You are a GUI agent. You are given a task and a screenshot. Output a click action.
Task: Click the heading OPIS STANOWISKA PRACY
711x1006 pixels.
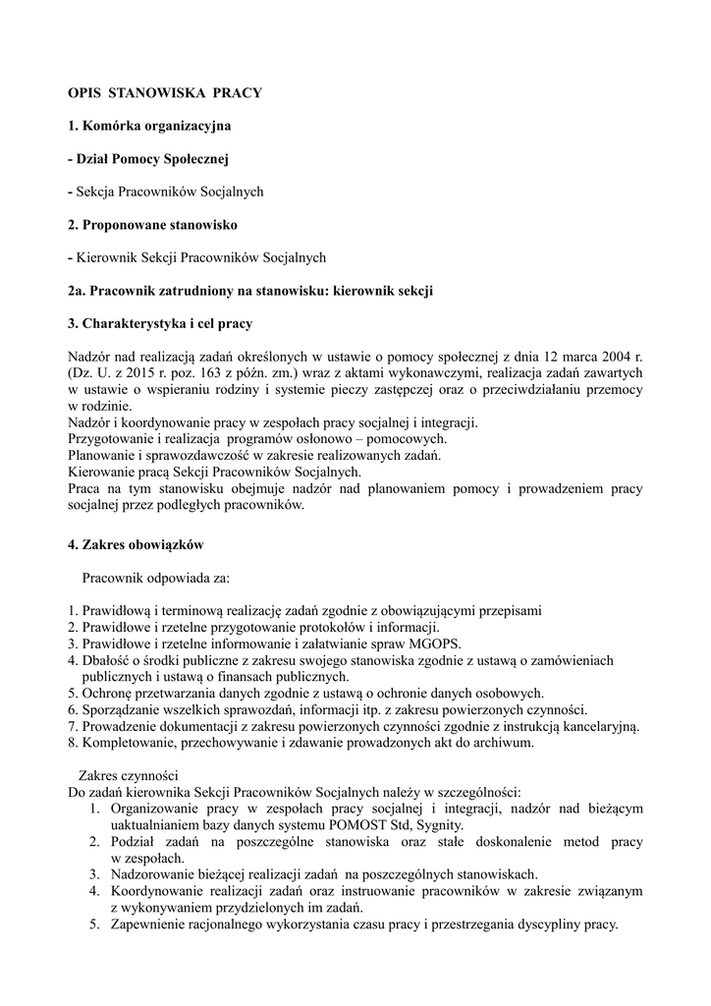[165, 92]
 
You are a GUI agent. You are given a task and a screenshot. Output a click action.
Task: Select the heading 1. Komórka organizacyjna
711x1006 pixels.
[150, 126]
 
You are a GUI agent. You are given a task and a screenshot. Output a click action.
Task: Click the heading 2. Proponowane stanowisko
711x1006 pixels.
[153, 225]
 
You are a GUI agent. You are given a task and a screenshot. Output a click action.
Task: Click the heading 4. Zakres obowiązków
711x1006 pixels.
[136, 543]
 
